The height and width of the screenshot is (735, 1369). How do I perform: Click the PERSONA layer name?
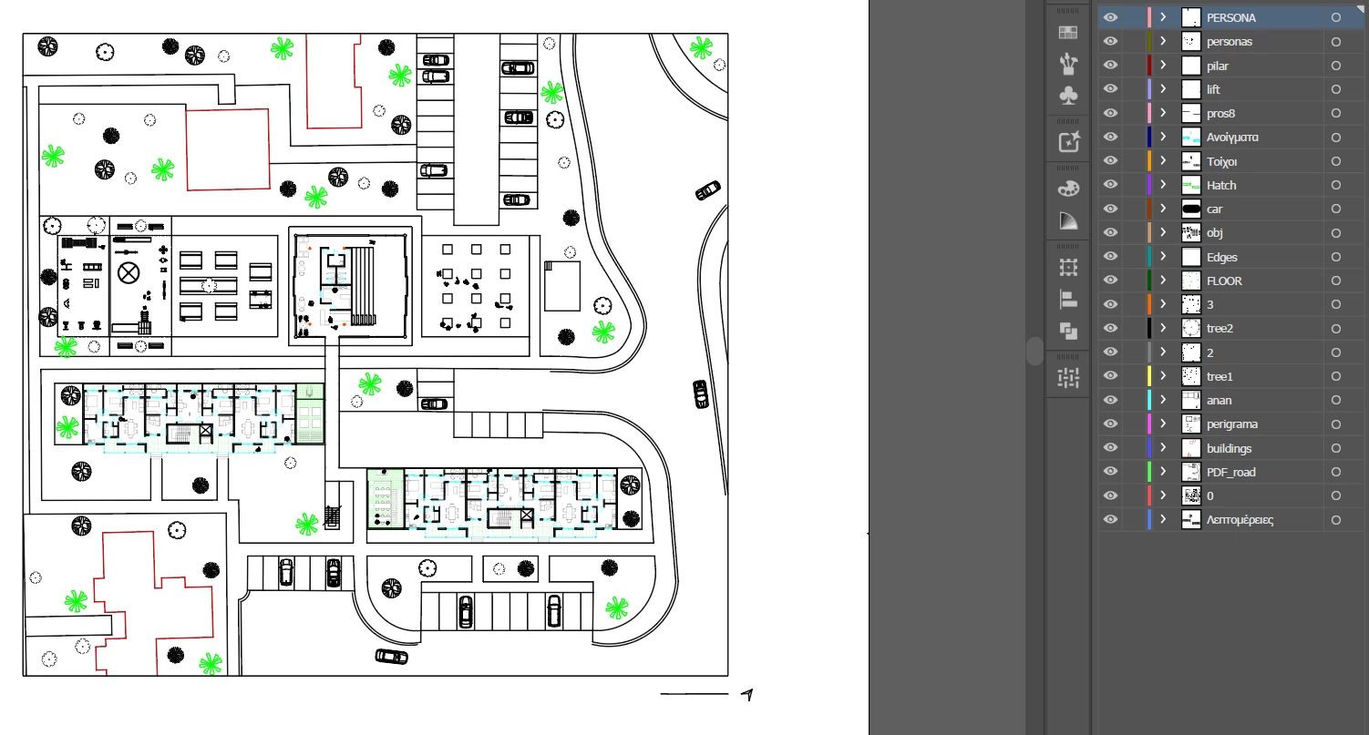[x=1230, y=17]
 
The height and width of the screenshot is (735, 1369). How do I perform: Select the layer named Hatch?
[x=1221, y=185]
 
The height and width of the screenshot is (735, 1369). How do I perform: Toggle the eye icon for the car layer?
[x=1110, y=209]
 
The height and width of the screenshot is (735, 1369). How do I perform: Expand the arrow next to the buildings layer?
[x=1163, y=448]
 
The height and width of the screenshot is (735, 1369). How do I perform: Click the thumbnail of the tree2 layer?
[x=1191, y=329]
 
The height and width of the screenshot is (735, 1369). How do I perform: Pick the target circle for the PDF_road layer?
[x=1336, y=472]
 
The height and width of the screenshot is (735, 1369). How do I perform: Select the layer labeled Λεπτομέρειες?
[x=1240, y=520]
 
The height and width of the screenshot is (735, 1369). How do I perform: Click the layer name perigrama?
[x=1232, y=424]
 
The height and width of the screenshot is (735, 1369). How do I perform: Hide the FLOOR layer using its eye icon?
[x=1110, y=281]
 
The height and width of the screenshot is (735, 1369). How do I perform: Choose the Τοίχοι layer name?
[x=1221, y=162]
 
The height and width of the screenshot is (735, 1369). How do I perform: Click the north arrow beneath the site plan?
[x=747, y=695]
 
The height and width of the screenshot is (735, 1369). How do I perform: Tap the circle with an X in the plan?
[x=129, y=273]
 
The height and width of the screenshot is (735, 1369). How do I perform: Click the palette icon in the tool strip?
[x=1068, y=189]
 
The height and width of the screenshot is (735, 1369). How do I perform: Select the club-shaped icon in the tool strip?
[x=1068, y=96]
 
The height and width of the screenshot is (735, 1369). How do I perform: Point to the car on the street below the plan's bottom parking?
[x=391, y=657]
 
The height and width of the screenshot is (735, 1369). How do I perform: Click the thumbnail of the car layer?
[x=1191, y=209]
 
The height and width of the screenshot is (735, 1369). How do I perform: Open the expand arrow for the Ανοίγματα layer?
[x=1163, y=138]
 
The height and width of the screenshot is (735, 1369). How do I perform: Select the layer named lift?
[x=1213, y=90]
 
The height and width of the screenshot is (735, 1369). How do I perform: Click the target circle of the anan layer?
[x=1336, y=401]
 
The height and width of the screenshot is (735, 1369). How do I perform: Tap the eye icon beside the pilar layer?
[x=1110, y=66]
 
